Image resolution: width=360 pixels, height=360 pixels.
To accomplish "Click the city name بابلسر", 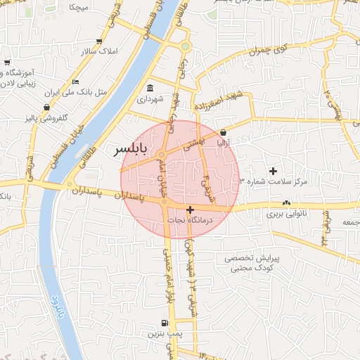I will [131, 150].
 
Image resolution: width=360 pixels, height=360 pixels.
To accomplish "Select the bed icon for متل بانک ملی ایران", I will [75, 82].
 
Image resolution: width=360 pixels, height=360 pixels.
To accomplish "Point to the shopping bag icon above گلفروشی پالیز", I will [46, 107].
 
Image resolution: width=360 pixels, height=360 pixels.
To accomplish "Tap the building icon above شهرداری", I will [150, 89].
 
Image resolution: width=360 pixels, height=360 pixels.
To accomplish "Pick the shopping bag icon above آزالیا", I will [223, 132].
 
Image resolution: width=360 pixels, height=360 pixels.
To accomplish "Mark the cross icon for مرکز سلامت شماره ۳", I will [274, 171].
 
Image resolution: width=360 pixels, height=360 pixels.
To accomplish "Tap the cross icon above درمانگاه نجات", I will [190, 210].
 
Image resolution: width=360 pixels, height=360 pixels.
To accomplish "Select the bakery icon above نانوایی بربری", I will [286, 203].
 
